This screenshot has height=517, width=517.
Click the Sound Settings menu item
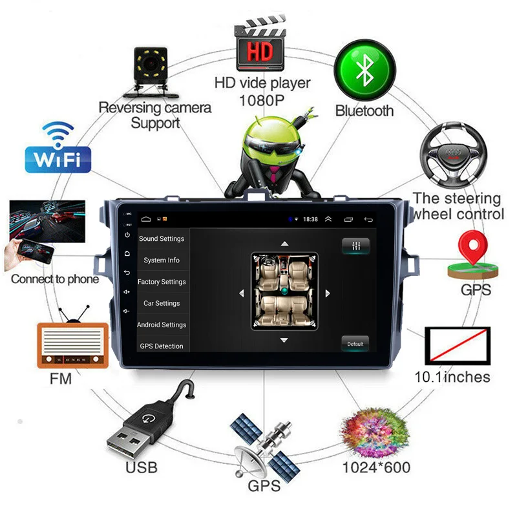tap(162, 238)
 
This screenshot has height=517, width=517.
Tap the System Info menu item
tap(162, 260)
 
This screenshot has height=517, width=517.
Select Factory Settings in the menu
tap(162, 282)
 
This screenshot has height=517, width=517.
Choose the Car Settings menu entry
tap(162, 303)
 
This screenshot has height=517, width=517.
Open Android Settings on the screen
tap(162, 324)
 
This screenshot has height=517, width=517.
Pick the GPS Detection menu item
tap(162, 346)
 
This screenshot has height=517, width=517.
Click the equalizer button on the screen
tap(355, 246)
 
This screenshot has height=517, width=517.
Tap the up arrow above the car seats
tap(284, 244)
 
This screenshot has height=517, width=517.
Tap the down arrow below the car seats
tap(284, 340)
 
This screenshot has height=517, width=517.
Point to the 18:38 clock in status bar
tap(310, 220)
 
